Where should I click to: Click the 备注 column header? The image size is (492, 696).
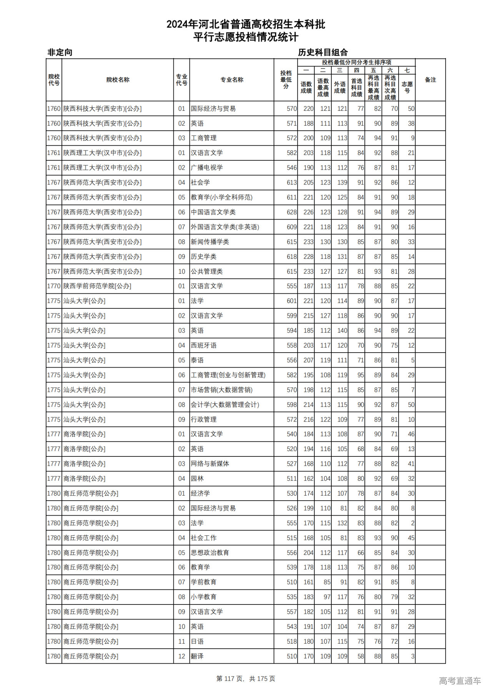point(430,80)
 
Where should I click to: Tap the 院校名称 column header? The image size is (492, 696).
point(118,80)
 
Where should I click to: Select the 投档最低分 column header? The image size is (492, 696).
point(286,80)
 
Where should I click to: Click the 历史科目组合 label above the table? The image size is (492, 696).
point(323,52)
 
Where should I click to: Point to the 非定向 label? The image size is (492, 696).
point(60,52)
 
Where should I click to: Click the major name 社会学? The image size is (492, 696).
point(200,183)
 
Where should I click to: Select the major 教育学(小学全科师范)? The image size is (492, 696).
point(221,197)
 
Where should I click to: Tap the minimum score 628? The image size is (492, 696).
point(291,212)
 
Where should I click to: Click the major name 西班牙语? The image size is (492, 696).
point(204,345)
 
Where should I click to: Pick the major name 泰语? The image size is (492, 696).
point(197,360)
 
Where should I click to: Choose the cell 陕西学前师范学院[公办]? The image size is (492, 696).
point(97,286)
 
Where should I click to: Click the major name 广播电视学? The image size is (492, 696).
point(207,168)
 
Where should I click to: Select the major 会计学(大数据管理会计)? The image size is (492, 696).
point(225,405)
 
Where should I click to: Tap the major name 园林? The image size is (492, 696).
point(197,479)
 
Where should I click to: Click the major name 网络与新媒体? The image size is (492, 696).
point(210,464)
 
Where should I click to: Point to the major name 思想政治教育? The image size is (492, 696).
point(210,553)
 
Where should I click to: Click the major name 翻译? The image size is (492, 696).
point(197,656)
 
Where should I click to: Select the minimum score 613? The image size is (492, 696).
point(291,183)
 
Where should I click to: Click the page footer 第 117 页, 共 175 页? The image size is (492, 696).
point(246,679)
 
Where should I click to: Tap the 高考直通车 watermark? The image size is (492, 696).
point(460,681)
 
